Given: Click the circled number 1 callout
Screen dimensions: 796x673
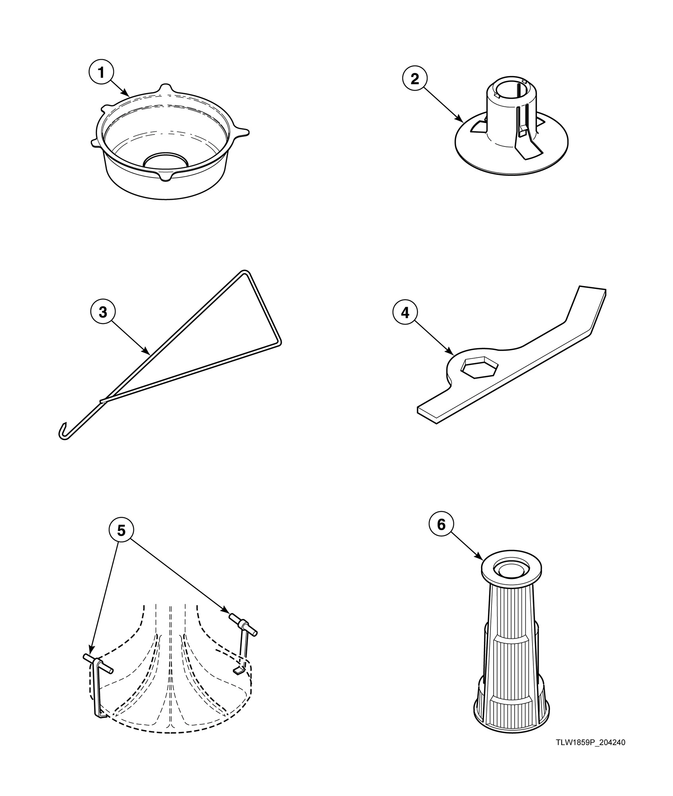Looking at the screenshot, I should point(101,73).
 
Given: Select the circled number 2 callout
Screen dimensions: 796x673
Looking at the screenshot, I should point(414,79).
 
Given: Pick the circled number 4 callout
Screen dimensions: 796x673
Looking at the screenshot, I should point(405,313).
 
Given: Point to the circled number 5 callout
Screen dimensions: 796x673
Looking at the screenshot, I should point(121,531).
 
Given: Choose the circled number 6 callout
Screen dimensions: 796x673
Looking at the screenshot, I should point(441,525).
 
